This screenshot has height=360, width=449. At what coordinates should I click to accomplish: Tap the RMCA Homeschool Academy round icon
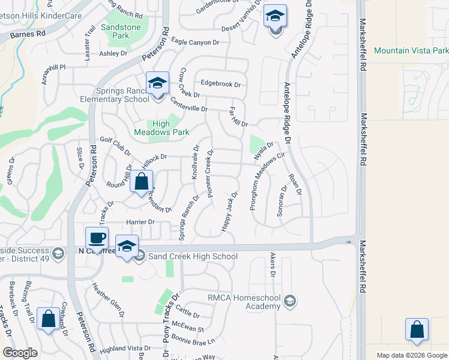coord(291,300)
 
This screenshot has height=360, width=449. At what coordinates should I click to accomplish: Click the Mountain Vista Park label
coord(411,51)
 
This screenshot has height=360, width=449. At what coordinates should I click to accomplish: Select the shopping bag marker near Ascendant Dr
coord(142,182)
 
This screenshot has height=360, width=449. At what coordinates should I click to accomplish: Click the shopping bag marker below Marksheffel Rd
coord(417,330)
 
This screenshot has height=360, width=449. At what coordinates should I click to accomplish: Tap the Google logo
coord(20,353)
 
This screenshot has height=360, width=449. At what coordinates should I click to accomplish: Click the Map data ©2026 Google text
coord(411,355)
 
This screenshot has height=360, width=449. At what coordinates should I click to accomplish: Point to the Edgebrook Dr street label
coord(220,84)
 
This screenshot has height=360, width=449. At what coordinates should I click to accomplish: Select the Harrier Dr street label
coord(139,222)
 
